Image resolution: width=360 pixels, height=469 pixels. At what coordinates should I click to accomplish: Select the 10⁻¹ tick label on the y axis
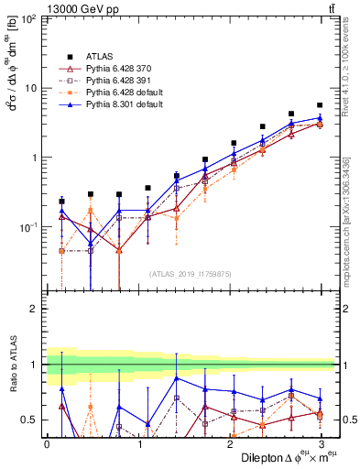pyautogui.click(x=27, y=226)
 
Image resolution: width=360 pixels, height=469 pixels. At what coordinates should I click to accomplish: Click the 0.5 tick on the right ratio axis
pyautogui.click(x=348, y=420)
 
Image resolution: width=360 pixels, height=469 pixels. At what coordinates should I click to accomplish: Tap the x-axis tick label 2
pyautogui.click(x=230, y=443)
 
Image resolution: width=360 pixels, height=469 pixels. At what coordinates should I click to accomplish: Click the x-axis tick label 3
pyautogui.click(x=322, y=443)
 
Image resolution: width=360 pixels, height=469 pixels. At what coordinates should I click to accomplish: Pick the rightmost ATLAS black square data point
pyautogui.click(x=320, y=105)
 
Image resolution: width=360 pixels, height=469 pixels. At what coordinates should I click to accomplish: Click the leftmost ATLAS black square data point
pyautogui.click(x=61, y=201)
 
